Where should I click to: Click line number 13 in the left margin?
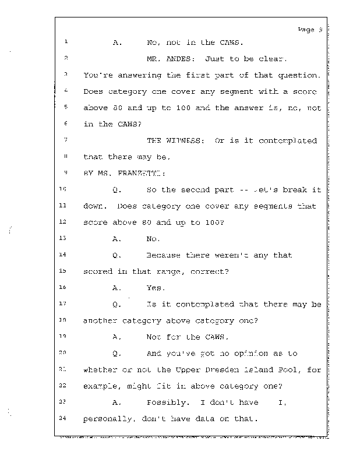64,238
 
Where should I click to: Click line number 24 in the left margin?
64,418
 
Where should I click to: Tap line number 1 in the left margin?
66,42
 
